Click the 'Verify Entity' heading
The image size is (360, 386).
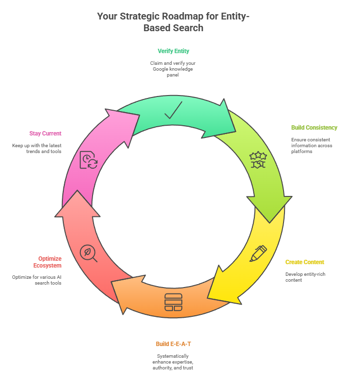(x=173, y=51)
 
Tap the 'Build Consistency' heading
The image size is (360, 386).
(x=314, y=128)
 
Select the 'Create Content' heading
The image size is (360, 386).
(x=304, y=262)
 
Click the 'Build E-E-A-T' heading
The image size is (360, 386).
(x=173, y=344)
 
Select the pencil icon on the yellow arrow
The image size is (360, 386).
(x=258, y=253)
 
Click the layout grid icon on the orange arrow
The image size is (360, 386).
(x=173, y=302)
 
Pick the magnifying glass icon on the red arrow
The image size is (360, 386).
(x=89, y=253)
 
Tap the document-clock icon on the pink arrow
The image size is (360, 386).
(x=88, y=160)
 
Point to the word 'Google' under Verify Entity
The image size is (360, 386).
(x=162, y=69)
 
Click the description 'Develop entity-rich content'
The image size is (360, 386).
(x=305, y=277)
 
